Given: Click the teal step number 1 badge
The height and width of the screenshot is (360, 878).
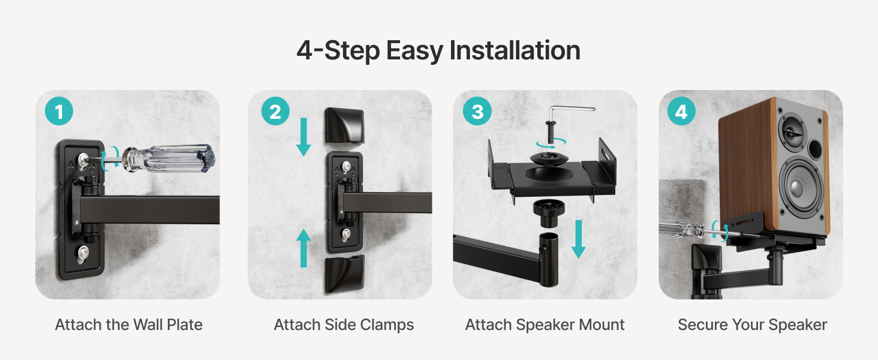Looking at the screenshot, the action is click(59, 111).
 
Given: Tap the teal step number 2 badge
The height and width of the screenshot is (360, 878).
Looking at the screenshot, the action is click(275, 111).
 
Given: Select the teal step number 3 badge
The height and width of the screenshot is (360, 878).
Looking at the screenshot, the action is click(477, 111).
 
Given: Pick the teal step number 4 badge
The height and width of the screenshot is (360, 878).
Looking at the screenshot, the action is click(682, 111).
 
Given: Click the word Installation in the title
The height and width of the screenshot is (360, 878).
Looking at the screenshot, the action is click(515, 50).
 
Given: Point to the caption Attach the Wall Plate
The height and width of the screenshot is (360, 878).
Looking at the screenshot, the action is click(128, 325).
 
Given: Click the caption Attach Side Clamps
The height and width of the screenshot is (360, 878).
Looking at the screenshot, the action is click(344, 325).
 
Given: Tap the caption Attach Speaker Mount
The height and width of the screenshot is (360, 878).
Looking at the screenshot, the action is click(545, 325).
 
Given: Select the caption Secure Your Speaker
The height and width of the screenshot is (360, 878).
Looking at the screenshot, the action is click(753, 325).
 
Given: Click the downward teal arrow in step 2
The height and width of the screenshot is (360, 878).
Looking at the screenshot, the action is click(303, 137).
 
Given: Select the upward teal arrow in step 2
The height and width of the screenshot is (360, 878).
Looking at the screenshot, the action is click(303, 248).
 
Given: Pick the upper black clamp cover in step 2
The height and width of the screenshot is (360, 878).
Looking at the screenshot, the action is click(344, 126).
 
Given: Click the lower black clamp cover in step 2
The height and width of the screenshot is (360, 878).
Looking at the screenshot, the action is click(344, 274).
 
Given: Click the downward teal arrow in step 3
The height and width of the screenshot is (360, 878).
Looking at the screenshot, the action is click(579, 239).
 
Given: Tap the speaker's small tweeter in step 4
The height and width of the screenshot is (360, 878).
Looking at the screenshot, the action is click(792, 133).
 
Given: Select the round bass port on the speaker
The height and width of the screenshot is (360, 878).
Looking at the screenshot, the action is click(816, 149).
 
